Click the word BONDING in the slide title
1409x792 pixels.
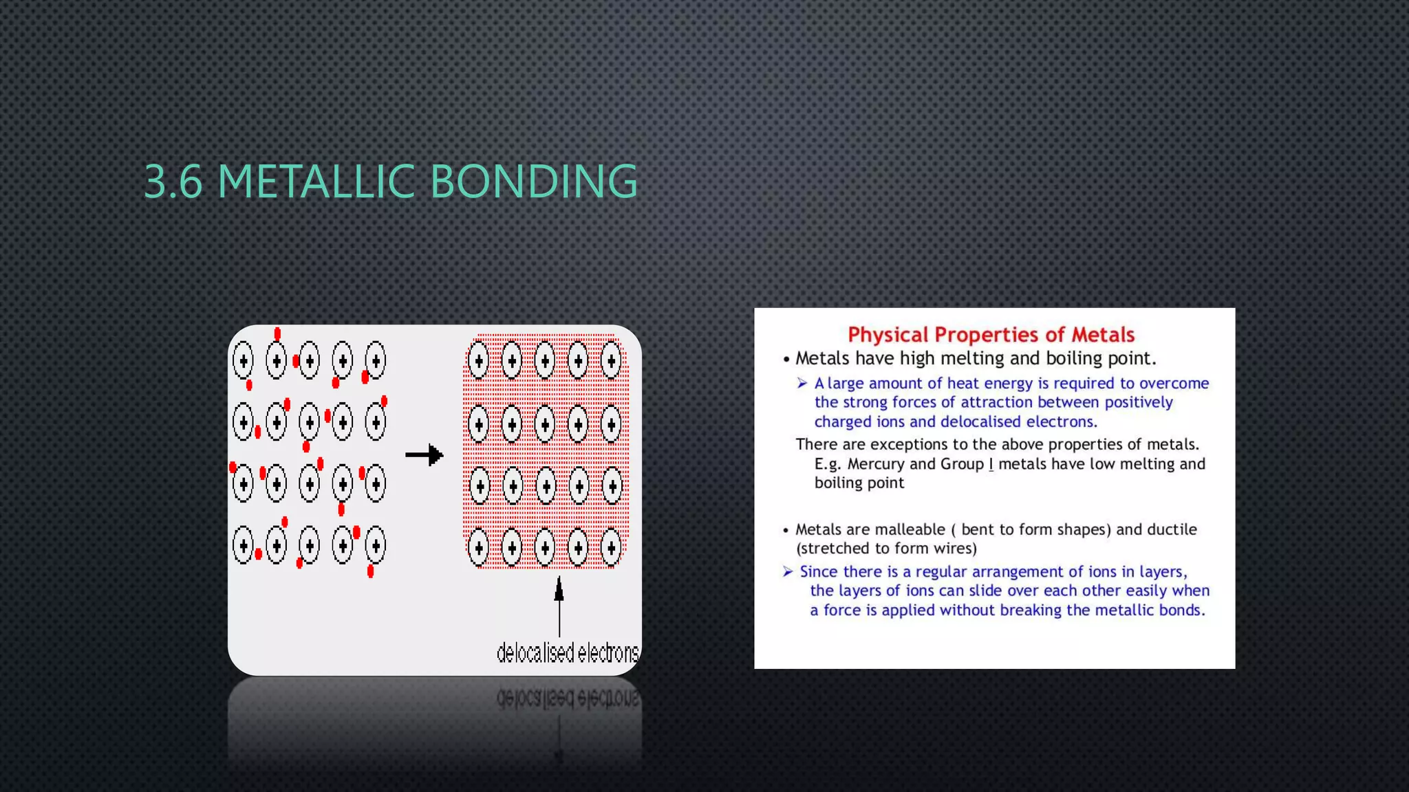[534, 181]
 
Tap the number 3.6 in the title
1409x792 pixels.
[173, 181]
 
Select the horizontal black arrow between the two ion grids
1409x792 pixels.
[424, 454]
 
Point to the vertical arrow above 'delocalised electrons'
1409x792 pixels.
[559, 605]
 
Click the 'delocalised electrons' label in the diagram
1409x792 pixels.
[568, 652]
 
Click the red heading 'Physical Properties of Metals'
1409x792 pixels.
[991, 335]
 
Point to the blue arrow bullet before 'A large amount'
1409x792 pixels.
[802, 383]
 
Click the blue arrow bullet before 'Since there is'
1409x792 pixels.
[788, 571]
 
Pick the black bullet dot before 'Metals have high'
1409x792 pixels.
[786, 360]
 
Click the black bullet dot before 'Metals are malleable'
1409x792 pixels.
[786, 530]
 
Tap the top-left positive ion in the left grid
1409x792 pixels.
[243, 360]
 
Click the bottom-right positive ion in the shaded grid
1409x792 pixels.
[611, 547]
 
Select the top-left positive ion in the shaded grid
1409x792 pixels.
[478, 360]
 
